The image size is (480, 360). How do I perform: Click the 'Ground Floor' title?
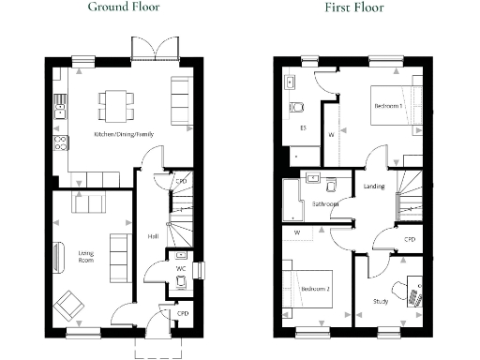click(123, 7)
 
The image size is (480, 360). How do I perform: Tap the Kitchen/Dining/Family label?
click(124, 135)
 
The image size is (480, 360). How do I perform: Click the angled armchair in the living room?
click(69, 304)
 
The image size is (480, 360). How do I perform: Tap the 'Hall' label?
click(152, 236)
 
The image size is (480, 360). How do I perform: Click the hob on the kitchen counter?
click(60, 143)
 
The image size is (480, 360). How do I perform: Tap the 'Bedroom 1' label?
click(388, 106)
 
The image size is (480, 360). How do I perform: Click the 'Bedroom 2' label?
click(316, 290)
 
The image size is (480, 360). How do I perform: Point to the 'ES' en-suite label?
click(303, 127)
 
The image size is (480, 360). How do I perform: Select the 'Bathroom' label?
click(325, 202)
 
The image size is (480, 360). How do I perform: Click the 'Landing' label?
click(373, 187)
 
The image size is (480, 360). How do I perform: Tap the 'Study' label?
click(380, 301)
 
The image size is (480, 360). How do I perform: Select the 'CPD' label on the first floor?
click(410, 239)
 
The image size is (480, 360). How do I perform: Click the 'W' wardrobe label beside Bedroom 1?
click(331, 134)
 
